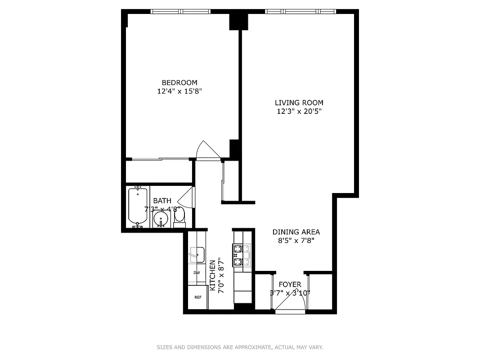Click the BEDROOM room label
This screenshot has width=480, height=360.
click(179, 82)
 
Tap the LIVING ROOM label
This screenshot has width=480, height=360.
click(299, 103)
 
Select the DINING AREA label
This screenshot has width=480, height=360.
click(296, 232)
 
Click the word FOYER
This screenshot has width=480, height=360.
click(290, 284)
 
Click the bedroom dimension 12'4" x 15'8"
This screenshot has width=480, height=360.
click(179, 91)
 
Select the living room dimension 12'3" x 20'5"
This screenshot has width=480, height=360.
click(299, 112)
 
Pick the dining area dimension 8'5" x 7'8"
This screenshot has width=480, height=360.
click(296, 241)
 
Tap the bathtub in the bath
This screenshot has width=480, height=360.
click(138, 207)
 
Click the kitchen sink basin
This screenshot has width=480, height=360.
click(196, 255)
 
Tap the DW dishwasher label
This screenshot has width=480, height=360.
click(197, 273)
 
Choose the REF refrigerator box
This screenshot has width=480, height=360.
click(197, 297)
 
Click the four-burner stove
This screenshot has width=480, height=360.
click(241, 255)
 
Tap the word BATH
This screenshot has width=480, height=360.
click(162, 201)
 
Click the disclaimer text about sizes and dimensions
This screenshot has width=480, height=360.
click(240, 347)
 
